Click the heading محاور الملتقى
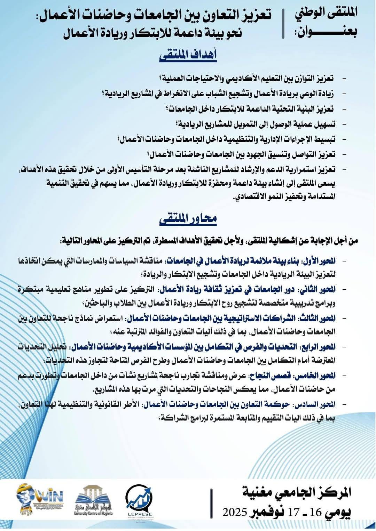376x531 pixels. [x=188, y=219]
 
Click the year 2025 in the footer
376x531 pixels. [x=235, y=512]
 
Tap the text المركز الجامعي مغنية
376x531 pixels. [x=296, y=492]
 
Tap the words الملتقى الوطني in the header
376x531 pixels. [x=326, y=14]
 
